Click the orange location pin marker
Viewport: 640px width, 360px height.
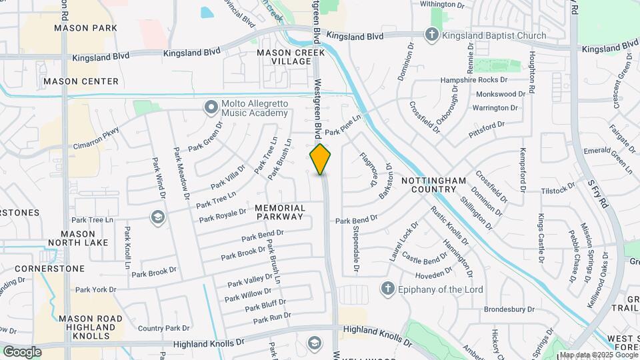click(321, 159)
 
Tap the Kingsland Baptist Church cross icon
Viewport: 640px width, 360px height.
click(432, 35)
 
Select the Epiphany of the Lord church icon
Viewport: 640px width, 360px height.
click(387, 289)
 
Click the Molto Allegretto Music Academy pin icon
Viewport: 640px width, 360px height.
click(211, 107)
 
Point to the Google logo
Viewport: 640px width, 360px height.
click(21, 351)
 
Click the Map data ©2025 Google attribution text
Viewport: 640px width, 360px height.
click(598, 355)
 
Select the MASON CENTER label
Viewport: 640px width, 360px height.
click(81, 81)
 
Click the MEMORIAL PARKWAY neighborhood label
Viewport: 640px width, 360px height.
click(280, 213)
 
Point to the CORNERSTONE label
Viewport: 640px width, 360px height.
click(49, 269)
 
